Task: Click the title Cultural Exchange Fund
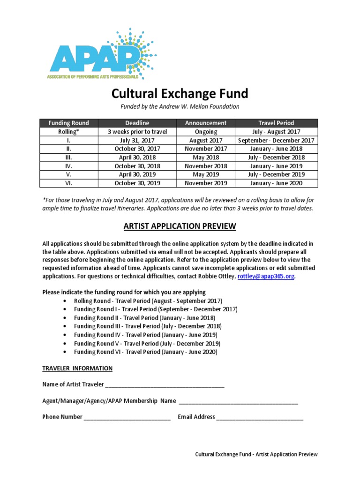coord(180,93)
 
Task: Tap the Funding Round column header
coord(68,123)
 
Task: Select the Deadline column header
coord(137,123)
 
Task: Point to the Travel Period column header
coord(277,123)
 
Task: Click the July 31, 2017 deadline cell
coord(137,140)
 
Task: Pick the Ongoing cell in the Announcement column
coord(206,132)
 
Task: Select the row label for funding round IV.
coord(68,166)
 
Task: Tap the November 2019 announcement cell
coord(206,183)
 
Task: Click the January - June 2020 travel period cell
coord(277,183)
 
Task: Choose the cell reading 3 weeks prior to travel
coord(137,132)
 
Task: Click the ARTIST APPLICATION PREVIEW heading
coord(180,227)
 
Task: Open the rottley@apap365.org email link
coord(266,277)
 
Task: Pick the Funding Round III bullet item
coord(148,326)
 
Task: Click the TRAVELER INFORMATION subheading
coord(77,368)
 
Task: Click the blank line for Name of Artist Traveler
coord(165,385)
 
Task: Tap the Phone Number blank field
coord(127,417)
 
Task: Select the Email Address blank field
coord(260,417)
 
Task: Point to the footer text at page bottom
coord(256,454)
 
